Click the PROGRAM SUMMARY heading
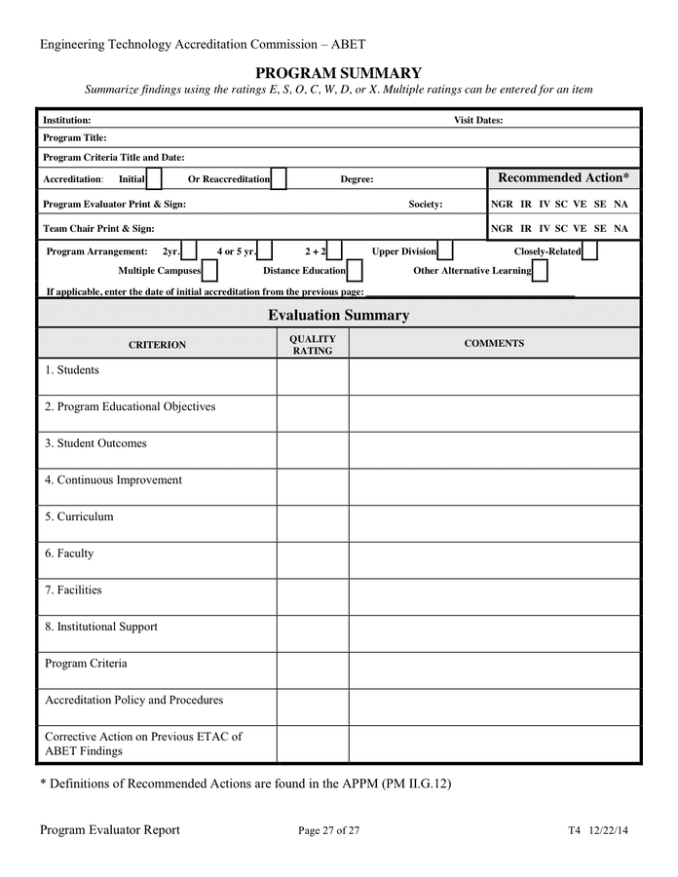pos(338,73)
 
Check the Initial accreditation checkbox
pos(154,179)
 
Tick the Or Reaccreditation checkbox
pos(279,179)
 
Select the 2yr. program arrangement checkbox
pos(189,251)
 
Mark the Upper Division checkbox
pos(445,251)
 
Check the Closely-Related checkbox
pos(589,251)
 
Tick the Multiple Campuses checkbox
pos(209,271)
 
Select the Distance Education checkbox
pos(355,271)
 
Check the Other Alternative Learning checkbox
pos(540,271)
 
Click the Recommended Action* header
pos(563,177)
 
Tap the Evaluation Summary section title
pos(338,315)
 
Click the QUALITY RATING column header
pos(313,344)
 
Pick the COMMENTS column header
pos(494,343)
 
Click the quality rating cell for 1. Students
pos(313,377)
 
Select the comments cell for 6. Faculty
pos(494,560)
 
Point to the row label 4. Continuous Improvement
pos(113,480)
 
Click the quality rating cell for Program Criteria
pos(313,670)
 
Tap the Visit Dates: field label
pos(478,121)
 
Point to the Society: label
pos(425,205)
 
